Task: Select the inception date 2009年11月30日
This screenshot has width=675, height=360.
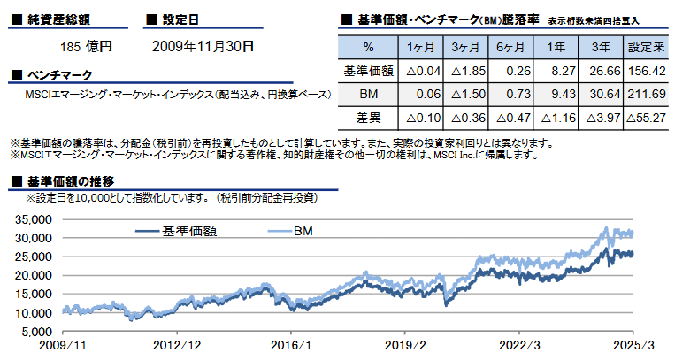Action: click(x=203, y=44)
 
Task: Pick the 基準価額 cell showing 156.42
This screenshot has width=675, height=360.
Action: click(x=645, y=70)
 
